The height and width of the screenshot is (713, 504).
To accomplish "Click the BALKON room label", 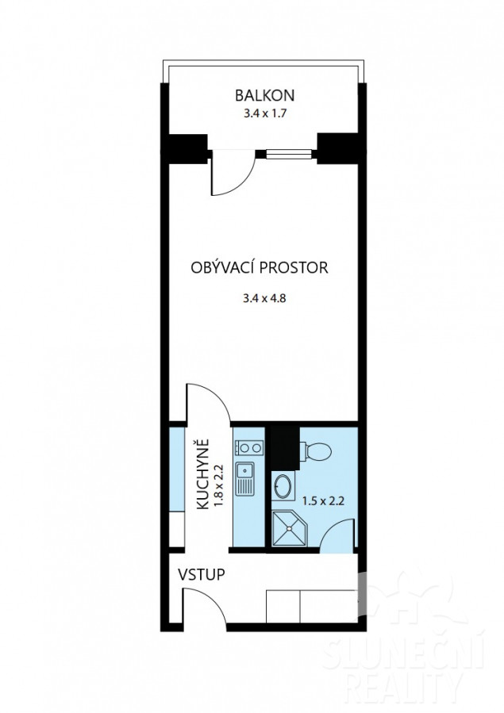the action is [265, 95].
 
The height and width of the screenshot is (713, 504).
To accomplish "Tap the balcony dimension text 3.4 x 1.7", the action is [265, 113].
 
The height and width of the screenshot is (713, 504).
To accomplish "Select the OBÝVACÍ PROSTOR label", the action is [260, 267].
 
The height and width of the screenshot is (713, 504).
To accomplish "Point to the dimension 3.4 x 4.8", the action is [264, 299].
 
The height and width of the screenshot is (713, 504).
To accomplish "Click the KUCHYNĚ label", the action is [203, 473].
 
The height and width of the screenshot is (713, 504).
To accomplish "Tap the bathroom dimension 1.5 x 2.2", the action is [323, 501].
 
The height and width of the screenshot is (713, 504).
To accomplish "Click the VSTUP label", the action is [201, 574].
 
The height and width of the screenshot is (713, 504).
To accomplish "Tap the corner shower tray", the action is [290, 528].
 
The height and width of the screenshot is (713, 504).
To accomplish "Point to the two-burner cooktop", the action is [249, 448].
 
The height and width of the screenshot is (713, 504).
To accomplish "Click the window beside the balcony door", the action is [289, 155].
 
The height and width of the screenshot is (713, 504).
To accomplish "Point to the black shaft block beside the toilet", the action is [285, 448].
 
